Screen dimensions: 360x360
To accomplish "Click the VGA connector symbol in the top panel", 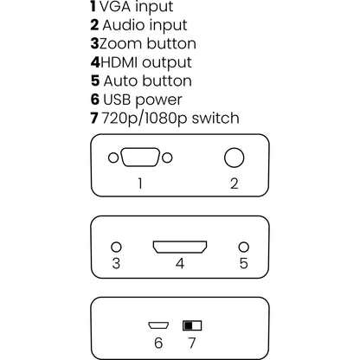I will click(139, 158).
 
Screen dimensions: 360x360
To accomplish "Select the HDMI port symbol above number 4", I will click(180, 247).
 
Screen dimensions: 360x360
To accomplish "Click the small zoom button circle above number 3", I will click(116, 247).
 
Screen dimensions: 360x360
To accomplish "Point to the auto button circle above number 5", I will click(244, 247).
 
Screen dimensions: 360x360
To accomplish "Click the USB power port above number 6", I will click(157, 326).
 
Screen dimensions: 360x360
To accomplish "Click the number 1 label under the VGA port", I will click(139, 183).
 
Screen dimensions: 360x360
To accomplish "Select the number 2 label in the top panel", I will click(234, 183).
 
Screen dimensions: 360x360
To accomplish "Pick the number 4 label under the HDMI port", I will click(179, 263).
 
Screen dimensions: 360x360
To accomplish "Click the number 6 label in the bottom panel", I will click(157, 342).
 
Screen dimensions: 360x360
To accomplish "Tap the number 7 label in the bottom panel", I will click(192, 342).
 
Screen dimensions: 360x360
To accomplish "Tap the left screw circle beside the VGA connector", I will click(112, 158).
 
